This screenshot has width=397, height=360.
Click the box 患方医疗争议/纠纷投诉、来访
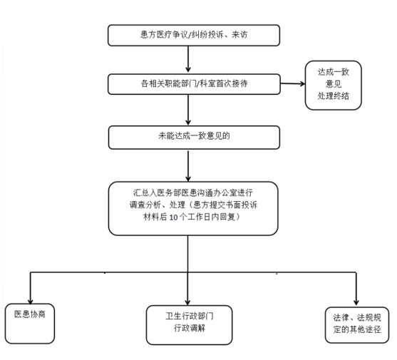(x=194, y=35)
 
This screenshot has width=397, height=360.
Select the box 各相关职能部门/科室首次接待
(x=194, y=84)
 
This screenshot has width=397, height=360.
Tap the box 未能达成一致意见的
(x=194, y=137)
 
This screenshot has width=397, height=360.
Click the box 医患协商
(x=30, y=324)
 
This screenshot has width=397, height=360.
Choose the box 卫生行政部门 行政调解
(x=189, y=325)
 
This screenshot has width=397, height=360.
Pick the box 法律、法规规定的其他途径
(x=357, y=325)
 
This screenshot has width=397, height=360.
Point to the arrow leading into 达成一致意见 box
(x=293, y=83)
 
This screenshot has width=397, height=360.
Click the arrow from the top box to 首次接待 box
(x=188, y=59)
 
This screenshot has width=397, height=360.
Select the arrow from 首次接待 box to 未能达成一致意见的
(x=188, y=110)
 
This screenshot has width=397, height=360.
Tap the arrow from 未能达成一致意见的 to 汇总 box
(x=188, y=166)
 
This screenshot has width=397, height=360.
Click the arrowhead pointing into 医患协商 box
(x=31, y=302)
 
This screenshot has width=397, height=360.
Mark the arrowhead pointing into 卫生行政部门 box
(x=187, y=302)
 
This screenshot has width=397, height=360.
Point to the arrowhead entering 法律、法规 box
(x=356, y=302)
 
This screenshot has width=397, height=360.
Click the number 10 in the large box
(x=173, y=217)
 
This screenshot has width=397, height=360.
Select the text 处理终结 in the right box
(x=333, y=96)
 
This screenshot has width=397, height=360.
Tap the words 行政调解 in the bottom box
(x=190, y=328)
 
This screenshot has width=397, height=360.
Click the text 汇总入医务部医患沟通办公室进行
(x=193, y=192)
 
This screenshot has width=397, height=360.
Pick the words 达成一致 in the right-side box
(x=333, y=72)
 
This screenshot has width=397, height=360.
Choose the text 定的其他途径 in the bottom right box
(x=357, y=329)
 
